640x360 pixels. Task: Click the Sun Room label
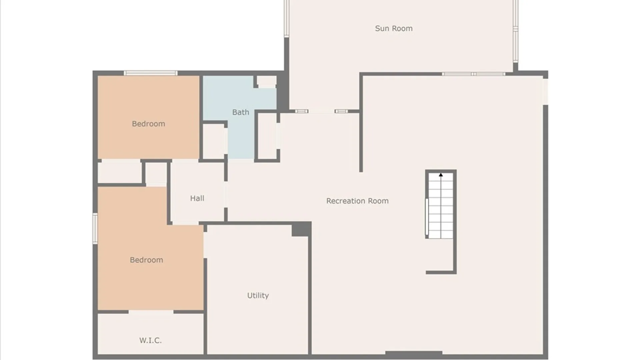point(394,29)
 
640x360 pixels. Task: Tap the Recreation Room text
point(357,201)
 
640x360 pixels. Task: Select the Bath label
point(241,112)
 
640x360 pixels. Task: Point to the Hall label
point(197,198)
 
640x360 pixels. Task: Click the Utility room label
point(258,296)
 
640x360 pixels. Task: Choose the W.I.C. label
point(150,340)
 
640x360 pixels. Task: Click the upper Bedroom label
point(148,124)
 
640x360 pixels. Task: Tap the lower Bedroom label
point(146,260)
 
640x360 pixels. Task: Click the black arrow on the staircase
point(441,175)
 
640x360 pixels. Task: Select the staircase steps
point(441,205)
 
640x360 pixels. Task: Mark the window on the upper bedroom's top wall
point(151,73)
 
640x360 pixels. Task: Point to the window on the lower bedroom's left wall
point(95,228)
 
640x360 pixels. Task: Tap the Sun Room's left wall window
point(286,18)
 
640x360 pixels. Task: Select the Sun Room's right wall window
point(515,31)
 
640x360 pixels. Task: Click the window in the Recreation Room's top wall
point(474,74)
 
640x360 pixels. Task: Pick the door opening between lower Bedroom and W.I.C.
point(151,312)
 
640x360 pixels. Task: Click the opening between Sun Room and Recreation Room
point(321,111)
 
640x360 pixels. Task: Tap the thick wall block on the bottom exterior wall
point(414,353)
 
